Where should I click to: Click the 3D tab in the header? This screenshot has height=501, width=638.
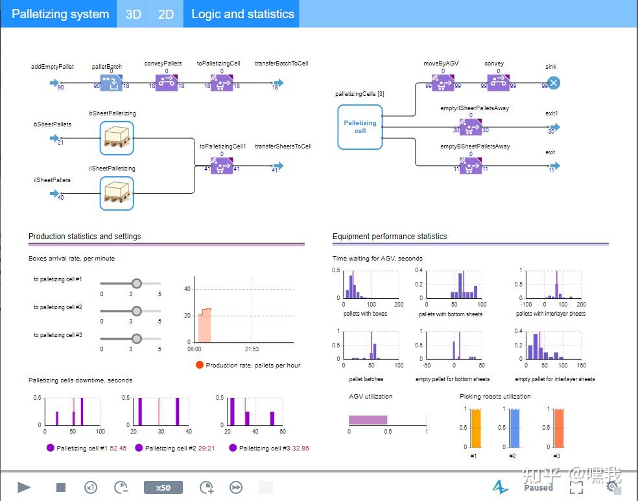pos(133,14)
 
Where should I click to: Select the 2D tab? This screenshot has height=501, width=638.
pos(166,14)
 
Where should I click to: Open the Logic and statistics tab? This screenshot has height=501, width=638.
pos(242,14)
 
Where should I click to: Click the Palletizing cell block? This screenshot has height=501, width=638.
pos(360,126)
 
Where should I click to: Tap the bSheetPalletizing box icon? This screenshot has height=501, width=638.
pos(117,138)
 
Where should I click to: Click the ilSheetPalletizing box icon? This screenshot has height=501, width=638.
pos(117,193)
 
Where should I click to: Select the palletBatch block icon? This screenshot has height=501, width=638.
pos(112,82)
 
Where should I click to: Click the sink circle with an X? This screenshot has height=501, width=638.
pos(553,82)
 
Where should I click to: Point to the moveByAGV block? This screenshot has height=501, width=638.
pos(443,82)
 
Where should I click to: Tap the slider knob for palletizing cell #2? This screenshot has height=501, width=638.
pos(136,310)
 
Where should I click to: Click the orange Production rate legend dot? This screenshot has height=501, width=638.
pos(200,365)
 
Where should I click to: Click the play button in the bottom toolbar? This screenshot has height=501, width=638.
pos(24,487)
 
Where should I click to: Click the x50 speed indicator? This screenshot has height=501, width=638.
pos(163,487)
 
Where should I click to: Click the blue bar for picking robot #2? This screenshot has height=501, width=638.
pos(514,428)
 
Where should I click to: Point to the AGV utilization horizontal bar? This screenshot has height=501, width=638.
pos(368,420)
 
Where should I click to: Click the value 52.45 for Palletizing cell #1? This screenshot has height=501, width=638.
pos(117,448)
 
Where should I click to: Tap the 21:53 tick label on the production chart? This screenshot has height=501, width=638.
pos(252,349)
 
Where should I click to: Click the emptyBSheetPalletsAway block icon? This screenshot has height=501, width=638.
pos(471,165)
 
